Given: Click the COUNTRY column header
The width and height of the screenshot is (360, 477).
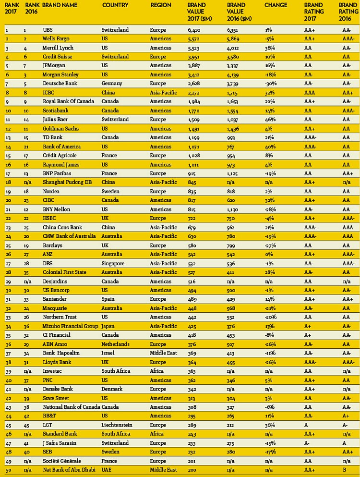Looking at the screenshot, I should coord(115,5).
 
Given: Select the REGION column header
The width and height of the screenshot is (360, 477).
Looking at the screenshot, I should coord(161,5).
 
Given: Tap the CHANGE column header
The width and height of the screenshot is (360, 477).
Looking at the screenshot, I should coord(276,5).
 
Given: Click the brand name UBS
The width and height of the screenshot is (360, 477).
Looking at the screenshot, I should coord(48,30).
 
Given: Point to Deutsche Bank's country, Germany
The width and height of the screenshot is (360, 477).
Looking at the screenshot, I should coord(113,84).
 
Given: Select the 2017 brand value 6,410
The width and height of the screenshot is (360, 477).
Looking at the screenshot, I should coord(194,30).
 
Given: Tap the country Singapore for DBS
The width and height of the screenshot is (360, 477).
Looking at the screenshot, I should coord(114,263).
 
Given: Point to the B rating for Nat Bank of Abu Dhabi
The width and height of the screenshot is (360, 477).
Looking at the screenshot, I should coord(344,469).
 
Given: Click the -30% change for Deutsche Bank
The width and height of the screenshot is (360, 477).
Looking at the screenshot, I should coord(270,84).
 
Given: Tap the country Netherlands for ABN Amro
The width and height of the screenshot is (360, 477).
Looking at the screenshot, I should coord(116,344).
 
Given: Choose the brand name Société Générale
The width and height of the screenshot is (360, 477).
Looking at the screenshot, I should coord(62,460).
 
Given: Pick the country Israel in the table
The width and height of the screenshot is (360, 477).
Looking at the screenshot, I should coord(108,353).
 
